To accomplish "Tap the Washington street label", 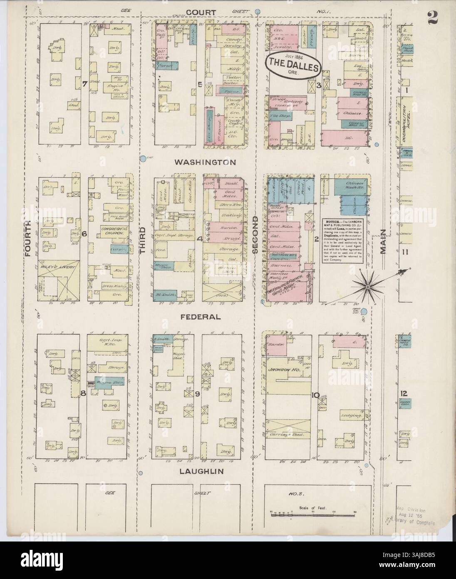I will (206, 162).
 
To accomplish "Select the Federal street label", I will (200, 317).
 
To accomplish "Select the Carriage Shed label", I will (287, 434).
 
